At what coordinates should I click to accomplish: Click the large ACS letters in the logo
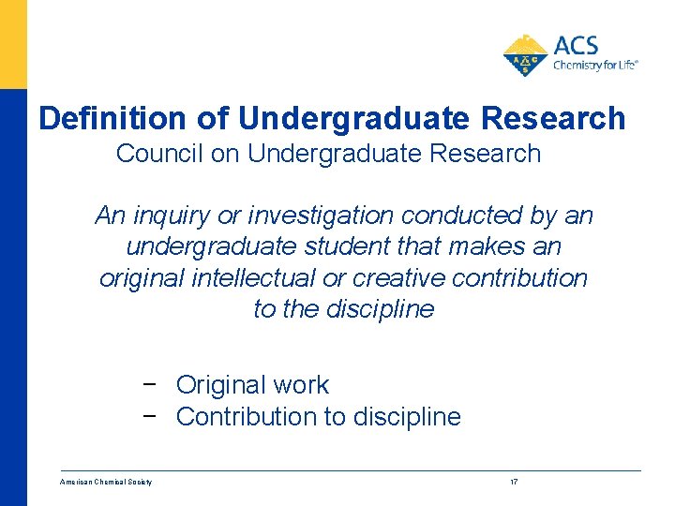(x=576, y=45)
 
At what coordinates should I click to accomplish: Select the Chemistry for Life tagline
(x=595, y=66)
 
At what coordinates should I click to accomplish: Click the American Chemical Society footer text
(x=106, y=483)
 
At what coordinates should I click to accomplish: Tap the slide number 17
(x=514, y=483)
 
